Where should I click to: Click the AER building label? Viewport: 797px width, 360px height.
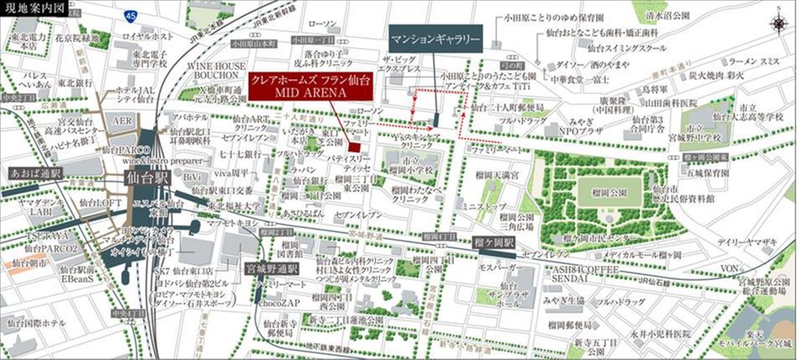(x=118, y=120)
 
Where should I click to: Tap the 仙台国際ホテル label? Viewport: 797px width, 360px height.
(x=36, y=323)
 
